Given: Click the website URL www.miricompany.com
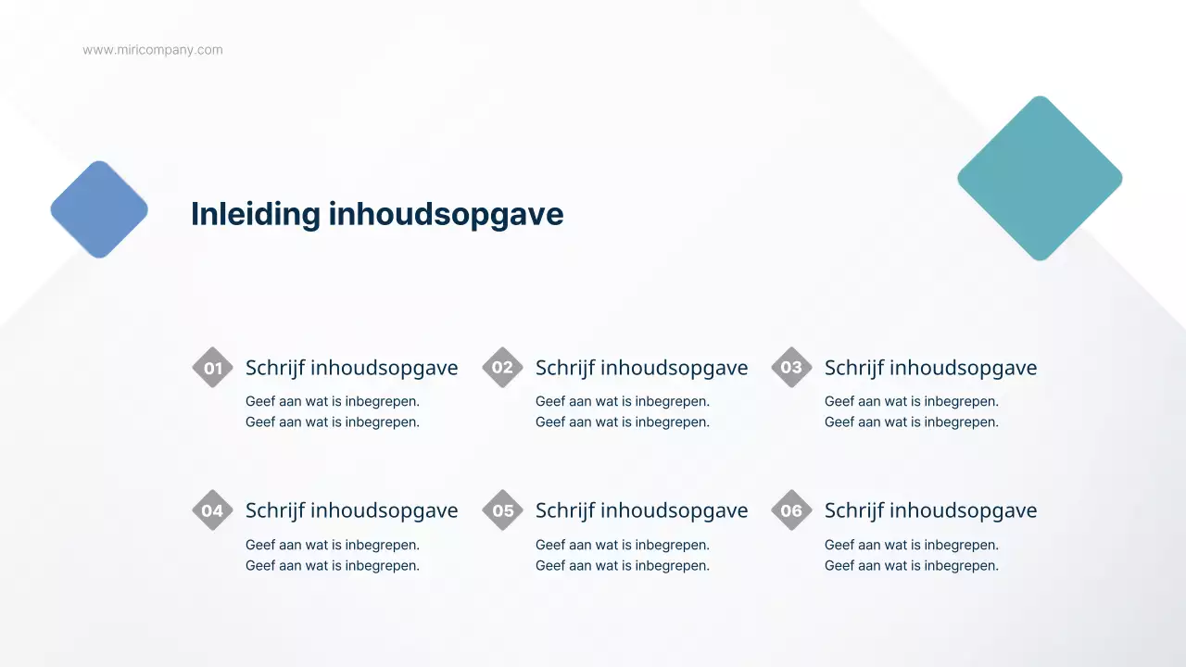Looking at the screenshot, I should coord(153,50).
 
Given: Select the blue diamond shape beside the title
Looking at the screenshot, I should coord(99,209).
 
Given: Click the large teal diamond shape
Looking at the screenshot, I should coord(1040,178).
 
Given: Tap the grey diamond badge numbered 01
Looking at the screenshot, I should coord(212,368).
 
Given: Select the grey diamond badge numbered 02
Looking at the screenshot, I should coord(502,368).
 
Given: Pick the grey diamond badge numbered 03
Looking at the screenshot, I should coord(791,368).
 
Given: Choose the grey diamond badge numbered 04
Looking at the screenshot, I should coord(212,510).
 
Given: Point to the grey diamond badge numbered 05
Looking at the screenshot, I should coord(502,510).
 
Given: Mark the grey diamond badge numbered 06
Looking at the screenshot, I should coord(791,510).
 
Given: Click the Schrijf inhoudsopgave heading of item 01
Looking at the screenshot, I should coord(351,368).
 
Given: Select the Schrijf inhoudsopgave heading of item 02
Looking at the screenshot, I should coord(641,368).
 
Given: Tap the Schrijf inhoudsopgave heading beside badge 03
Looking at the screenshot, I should coord(930,368).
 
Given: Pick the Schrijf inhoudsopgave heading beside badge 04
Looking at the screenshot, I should coord(351,510).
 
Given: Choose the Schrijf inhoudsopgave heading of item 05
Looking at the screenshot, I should coord(641,510).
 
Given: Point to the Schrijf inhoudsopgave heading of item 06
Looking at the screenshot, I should coord(930,510).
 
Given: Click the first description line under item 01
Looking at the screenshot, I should coord(333,401).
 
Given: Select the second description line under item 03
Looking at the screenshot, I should coord(912,422).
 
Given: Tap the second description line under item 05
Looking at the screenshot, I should coord(623,565).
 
